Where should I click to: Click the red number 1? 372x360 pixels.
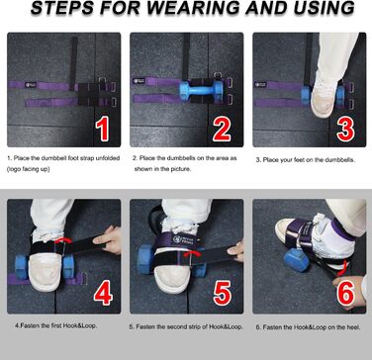pos(103,130)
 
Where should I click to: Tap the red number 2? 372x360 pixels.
pos(222,130)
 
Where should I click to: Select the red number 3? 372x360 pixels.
pos(345,130)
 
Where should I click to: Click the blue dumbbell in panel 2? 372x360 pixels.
pos(201,91)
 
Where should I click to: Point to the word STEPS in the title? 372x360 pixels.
pos(58,8)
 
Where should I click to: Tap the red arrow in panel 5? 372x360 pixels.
pos(192,253)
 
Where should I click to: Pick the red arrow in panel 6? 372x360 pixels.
pos(343,266)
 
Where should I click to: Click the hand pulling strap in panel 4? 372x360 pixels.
pos(107,239)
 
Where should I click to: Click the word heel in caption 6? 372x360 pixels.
pos(353,327)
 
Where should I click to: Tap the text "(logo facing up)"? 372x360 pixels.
pos(28,169)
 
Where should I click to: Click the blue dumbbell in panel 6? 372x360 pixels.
pos(296,260)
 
